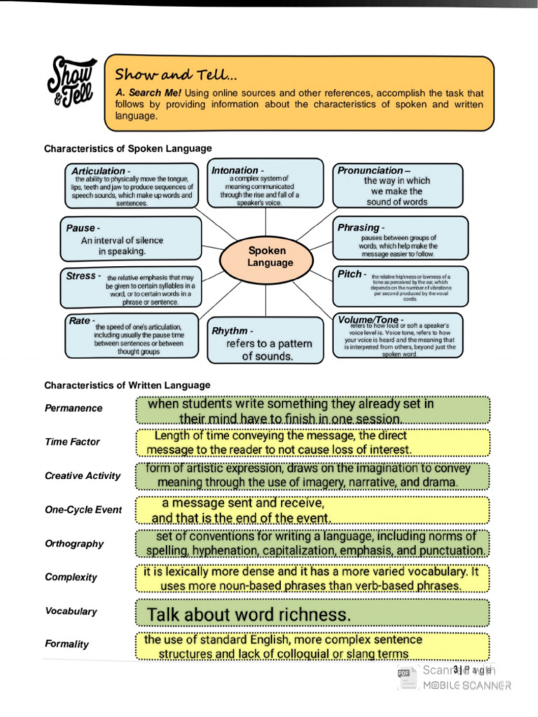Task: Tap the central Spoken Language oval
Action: coord(266,256)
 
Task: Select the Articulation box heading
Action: coord(99,171)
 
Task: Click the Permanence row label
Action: coord(73,408)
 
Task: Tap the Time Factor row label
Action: coord(72,442)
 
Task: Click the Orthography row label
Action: coord(74,543)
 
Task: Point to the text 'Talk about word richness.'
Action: coord(248,615)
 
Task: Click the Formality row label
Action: coord(67,644)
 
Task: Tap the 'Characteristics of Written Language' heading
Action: coord(127,385)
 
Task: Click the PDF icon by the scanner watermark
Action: coord(403,673)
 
